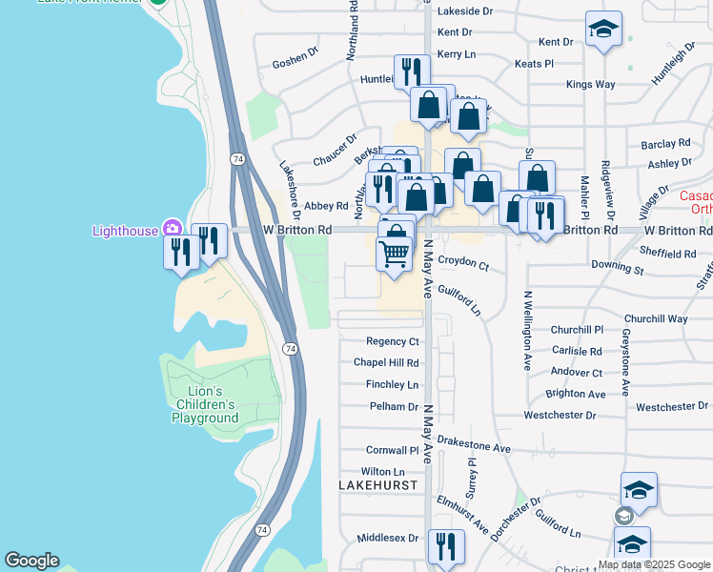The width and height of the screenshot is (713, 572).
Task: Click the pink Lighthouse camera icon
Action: point(173,228)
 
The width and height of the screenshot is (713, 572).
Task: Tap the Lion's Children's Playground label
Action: point(205,404)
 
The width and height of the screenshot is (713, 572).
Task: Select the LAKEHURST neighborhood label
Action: point(378,485)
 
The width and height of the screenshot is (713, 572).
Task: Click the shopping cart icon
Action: point(394,253)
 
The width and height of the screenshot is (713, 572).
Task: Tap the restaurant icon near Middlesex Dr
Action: point(445,546)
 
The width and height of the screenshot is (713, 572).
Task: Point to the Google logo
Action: point(31,561)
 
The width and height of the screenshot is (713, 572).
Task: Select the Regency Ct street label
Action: point(393,341)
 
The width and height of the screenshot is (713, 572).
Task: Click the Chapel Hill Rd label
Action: point(386,363)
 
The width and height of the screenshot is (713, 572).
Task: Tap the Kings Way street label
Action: point(590,85)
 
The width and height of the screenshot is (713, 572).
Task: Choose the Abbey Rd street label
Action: point(326,206)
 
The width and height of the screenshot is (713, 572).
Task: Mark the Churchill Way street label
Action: point(656,318)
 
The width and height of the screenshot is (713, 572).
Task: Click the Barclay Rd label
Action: point(665,144)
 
